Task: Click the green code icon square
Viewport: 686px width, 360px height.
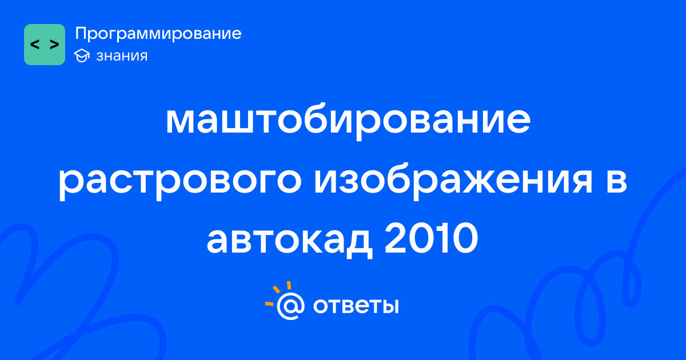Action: click(x=45, y=45)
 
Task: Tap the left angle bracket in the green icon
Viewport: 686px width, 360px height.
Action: click(x=35, y=45)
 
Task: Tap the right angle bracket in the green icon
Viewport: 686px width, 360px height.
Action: click(x=54, y=45)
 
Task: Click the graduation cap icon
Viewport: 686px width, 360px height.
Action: click(x=82, y=55)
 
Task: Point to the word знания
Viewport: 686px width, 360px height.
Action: click(x=122, y=56)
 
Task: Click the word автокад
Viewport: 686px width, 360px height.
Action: click(x=290, y=241)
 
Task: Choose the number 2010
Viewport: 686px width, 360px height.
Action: click(x=431, y=238)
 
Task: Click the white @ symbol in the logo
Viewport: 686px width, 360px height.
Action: click(x=290, y=306)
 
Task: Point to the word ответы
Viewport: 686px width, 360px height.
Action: click(x=356, y=306)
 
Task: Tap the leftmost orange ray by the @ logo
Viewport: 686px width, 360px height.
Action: click(x=269, y=303)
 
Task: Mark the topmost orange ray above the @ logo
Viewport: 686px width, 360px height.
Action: click(x=289, y=285)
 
